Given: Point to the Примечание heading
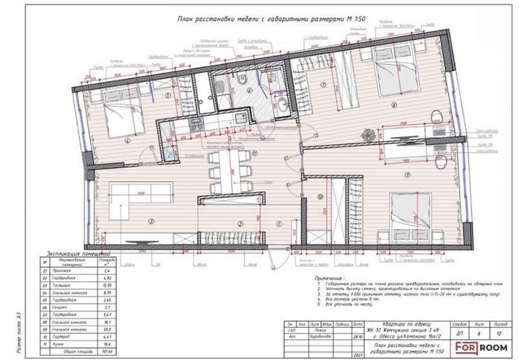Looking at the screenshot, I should coord(329,278).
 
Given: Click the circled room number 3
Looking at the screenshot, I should coord(151,222).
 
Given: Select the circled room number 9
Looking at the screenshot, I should coord(408,174).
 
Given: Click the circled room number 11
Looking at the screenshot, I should coord(255,153).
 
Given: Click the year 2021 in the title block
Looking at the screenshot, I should coord(357,355).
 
